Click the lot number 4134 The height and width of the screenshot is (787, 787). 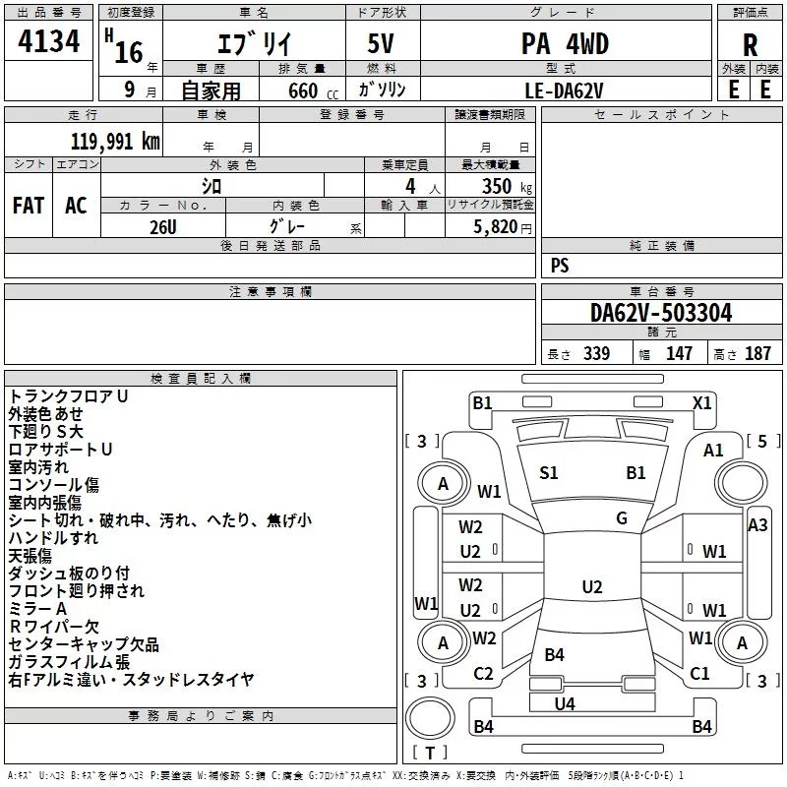tap(48, 41)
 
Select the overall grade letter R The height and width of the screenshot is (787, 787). tap(750, 45)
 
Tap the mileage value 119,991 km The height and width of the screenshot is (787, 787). tap(115, 142)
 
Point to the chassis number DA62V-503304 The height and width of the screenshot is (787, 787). tap(661, 313)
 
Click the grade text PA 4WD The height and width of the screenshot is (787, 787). tap(565, 43)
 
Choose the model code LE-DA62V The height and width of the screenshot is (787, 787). tap(564, 91)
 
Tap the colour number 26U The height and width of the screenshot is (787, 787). tap(163, 227)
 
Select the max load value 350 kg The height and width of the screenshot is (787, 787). tap(507, 186)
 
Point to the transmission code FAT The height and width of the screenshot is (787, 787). tap(29, 206)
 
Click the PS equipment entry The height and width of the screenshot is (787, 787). tap(560, 265)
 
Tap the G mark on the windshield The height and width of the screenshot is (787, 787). tap(622, 518)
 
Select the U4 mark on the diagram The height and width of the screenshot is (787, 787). tap(565, 704)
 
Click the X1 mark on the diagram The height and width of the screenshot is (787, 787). tap(701, 403)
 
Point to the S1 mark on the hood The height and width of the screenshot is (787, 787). tap(549, 473)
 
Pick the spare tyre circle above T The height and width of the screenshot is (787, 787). tap(430, 718)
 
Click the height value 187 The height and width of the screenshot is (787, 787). tap(757, 353)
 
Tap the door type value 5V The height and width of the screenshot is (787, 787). tap(381, 43)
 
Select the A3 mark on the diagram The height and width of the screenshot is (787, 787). tap(757, 525)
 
